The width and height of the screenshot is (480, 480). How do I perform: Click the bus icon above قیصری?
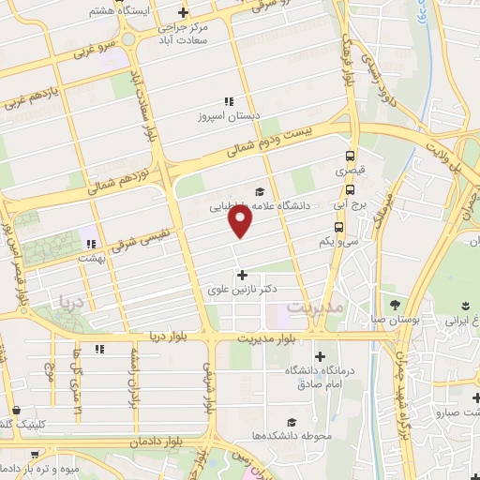click(x=350, y=157)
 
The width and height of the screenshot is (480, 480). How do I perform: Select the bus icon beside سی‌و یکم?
click(x=337, y=227)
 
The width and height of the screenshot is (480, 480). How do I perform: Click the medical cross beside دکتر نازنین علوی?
click(x=244, y=276)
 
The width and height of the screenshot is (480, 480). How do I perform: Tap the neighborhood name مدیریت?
click(x=315, y=307)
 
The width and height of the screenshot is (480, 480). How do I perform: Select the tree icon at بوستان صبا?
click(x=394, y=305)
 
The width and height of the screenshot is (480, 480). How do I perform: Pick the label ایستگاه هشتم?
click(x=113, y=10)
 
